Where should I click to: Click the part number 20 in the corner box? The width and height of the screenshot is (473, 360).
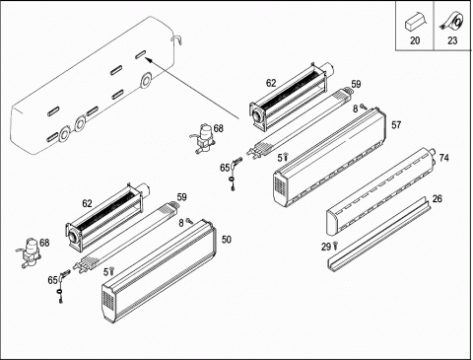(x=415, y=40)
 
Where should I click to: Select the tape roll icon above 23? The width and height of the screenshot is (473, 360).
(x=453, y=21)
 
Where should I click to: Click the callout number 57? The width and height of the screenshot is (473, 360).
(x=396, y=125)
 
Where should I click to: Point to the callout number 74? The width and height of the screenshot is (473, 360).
(x=443, y=158)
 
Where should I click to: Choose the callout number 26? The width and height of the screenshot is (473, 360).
(x=438, y=198)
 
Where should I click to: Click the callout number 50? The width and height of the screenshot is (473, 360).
(x=227, y=240)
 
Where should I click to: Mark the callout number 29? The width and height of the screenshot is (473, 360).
(x=326, y=247)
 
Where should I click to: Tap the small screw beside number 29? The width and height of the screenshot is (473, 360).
(x=335, y=246)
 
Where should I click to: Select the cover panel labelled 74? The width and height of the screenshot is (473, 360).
(x=380, y=191)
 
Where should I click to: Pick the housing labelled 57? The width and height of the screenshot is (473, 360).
(x=329, y=158)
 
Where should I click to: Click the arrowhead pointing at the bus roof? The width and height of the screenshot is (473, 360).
(x=149, y=60)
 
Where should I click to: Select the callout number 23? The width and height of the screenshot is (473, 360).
(x=452, y=40)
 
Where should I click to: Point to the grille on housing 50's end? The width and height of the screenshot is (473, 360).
(x=108, y=300)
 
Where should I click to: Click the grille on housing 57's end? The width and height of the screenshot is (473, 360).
(x=280, y=185)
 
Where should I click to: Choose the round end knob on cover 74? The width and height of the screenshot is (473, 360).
(x=433, y=153)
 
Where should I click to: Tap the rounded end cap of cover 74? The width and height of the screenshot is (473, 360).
(x=332, y=223)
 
